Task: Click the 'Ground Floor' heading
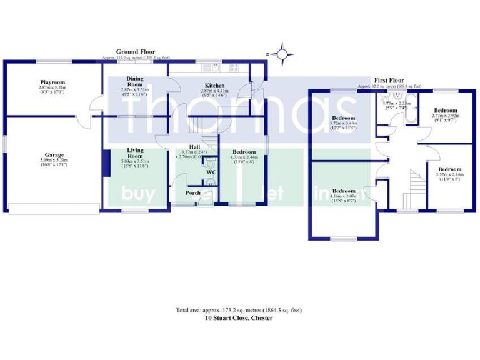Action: (x=135, y=52)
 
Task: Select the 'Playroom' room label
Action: (x=53, y=82)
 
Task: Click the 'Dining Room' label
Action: (x=135, y=81)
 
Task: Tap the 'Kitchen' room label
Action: (x=215, y=86)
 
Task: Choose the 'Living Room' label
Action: (x=135, y=153)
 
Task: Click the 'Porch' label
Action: (x=193, y=193)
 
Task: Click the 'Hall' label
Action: (x=194, y=147)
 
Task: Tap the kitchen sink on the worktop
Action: (x=215, y=66)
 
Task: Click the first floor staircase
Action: (x=413, y=184)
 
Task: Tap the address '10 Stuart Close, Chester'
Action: (x=239, y=318)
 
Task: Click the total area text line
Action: (x=239, y=310)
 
